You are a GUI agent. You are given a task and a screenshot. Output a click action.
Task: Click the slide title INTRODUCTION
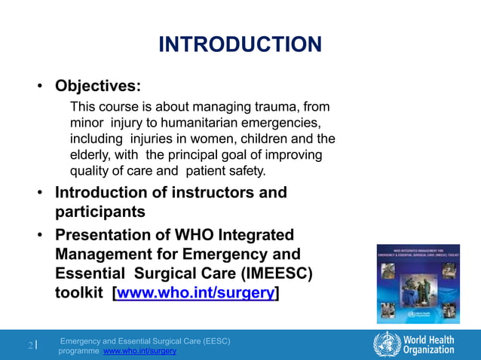click(x=240, y=44)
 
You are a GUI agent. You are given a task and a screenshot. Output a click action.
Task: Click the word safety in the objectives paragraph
click(x=246, y=171)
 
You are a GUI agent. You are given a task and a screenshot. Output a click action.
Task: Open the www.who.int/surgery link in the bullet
click(x=195, y=293)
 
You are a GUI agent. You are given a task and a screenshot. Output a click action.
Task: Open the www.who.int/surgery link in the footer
click(x=139, y=351)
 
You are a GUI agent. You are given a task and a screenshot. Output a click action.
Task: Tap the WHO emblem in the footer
click(x=387, y=343)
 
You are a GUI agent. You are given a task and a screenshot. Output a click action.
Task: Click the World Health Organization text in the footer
click(x=428, y=344)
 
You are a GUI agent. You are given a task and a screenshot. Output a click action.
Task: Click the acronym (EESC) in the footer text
click(x=211, y=341)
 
